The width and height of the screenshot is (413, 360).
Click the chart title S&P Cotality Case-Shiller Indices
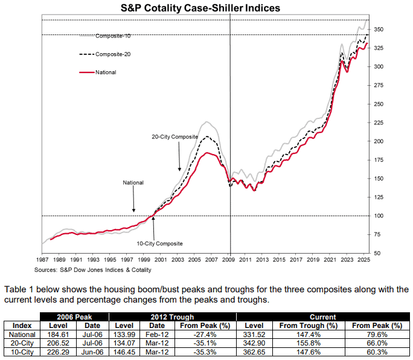(x=200, y=8)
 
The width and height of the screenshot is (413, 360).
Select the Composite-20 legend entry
(x=105, y=54)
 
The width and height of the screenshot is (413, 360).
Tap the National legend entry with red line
(x=98, y=72)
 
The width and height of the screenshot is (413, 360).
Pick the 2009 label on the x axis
(x=228, y=260)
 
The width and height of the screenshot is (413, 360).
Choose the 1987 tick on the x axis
(x=42, y=260)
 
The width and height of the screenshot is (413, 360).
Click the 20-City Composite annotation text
(x=174, y=137)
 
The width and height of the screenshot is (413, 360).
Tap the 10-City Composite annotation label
(x=159, y=243)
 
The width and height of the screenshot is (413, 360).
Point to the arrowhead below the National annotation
(x=134, y=210)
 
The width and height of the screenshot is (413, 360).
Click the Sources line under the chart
(x=93, y=270)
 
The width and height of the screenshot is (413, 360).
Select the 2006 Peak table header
(x=74, y=317)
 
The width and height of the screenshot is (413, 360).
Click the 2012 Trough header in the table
(x=172, y=317)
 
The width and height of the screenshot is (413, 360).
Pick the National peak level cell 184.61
(x=58, y=335)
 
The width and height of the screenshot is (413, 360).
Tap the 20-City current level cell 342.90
(x=254, y=343)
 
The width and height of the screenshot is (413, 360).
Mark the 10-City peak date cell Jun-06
(x=92, y=352)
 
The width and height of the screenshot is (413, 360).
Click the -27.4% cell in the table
(x=205, y=335)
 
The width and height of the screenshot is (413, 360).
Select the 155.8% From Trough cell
(x=309, y=343)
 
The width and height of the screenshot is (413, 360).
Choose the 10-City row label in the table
(x=22, y=352)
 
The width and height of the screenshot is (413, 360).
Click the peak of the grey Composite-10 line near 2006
(x=206, y=122)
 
